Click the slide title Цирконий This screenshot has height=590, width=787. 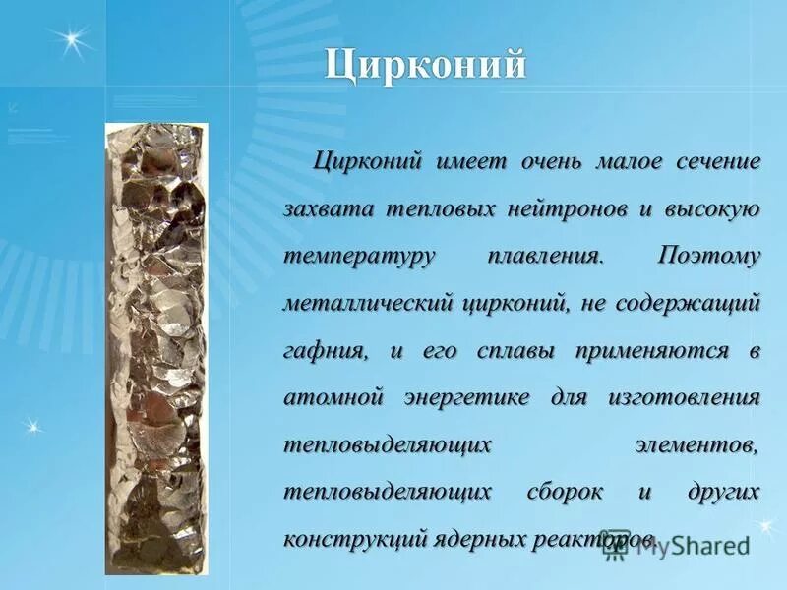click(426, 66)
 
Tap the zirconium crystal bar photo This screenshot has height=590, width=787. click(154, 348)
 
